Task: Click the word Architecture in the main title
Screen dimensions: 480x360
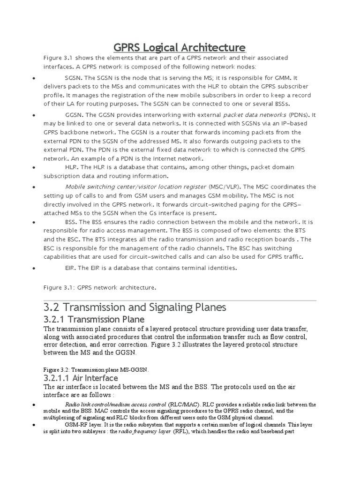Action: (x=208, y=47)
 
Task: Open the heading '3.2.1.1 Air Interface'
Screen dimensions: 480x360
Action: (x=81, y=378)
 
